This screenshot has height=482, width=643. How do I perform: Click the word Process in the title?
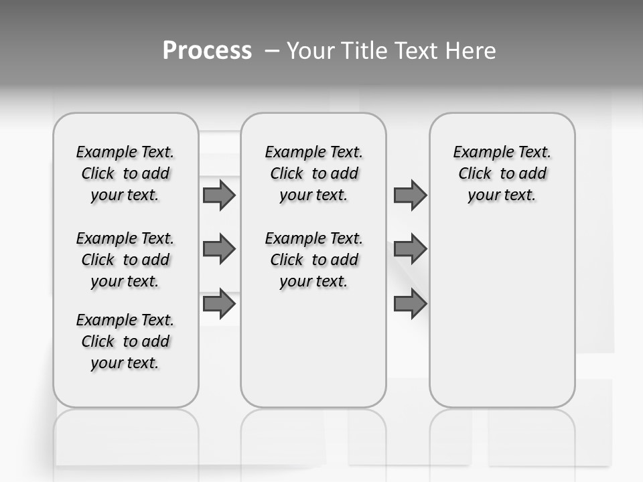pos(207,51)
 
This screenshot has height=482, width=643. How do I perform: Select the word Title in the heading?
pos(362,51)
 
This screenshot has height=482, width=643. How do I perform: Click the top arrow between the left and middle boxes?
pos(219,195)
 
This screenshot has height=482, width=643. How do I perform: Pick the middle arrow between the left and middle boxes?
pos(219,249)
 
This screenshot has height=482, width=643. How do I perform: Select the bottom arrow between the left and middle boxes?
pos(219,304)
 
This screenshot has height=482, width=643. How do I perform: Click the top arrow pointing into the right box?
pos(410,195)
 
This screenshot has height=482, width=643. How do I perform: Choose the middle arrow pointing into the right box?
pos(410,249)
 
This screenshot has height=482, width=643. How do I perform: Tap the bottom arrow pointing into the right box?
pos(410,304)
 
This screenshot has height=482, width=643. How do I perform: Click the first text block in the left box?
pos(125,173)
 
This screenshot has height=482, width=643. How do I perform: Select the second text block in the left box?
pos(125,260)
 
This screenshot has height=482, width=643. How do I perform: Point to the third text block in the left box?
pos(125,341)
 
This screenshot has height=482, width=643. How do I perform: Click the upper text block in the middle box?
pos(313,173)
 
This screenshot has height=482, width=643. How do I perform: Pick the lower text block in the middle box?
pos(313,260)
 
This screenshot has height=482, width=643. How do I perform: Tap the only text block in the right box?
pos(502,173)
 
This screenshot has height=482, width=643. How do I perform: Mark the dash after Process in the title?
pos(272,51)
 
